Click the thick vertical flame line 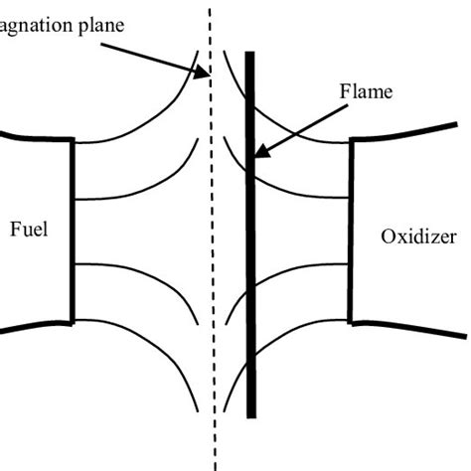[249, 298]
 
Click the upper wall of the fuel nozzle [35, 136]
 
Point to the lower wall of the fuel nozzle [35, 326]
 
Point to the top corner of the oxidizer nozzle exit [351, 141]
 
